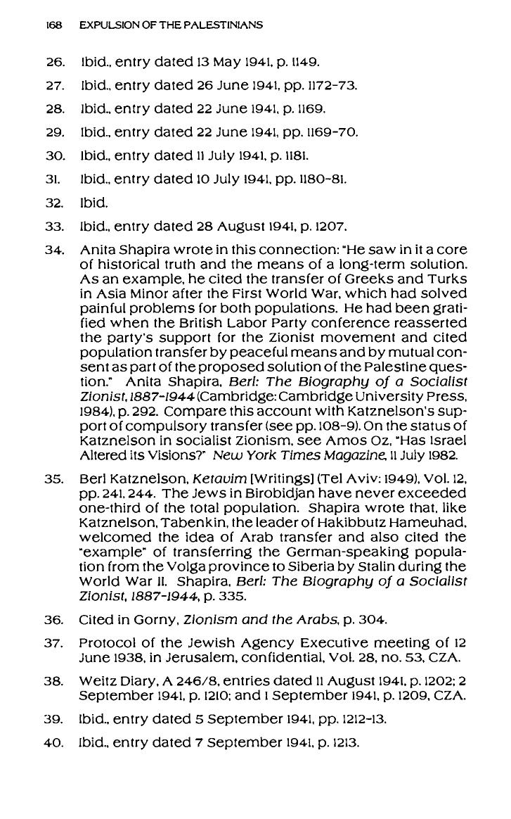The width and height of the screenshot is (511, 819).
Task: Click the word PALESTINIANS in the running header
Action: (x=225, y=25)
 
